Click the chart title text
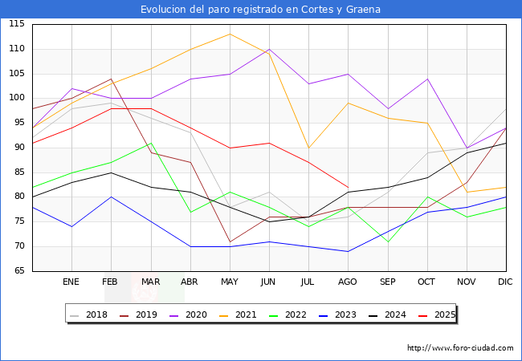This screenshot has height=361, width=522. point(260,10)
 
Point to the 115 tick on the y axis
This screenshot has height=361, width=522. point(15,24)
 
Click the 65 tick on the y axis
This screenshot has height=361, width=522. point(18,271)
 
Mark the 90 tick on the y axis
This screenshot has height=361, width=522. point(18,148)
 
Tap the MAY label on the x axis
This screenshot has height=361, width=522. point(230,282)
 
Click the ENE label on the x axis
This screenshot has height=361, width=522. point(71,282)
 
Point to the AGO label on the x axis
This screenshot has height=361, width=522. point(348,282)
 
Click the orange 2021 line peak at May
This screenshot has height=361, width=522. point(230,34)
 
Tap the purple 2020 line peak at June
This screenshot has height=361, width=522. point(269,49)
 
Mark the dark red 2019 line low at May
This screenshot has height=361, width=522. point(230,241)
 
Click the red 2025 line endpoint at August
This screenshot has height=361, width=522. point(348,187)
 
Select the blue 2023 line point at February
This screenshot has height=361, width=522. point(111,197)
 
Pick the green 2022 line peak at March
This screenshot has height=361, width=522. point(151,143)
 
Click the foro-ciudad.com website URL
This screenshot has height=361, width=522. point(460,348)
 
